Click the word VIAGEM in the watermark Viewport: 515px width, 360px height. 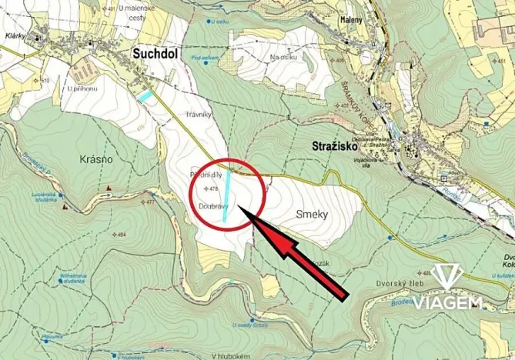tap(448, 302)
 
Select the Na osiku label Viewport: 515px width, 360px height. tap(283, 56)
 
